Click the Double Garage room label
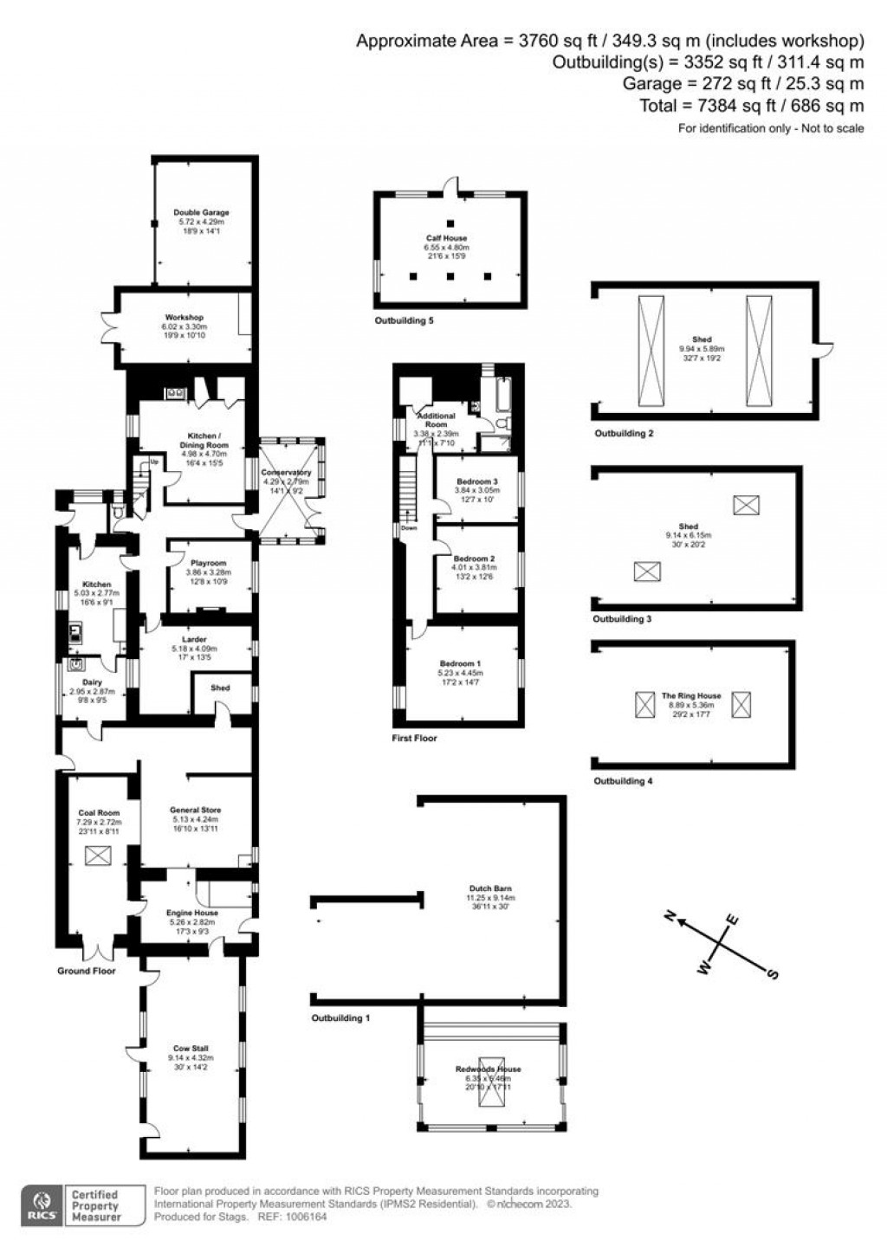tap(201, 212)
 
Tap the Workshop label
tap(184, 318)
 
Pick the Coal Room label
tap(98, 813)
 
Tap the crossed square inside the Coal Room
tap(98, 856)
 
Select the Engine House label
tap(192, 913)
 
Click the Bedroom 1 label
tap(460, 663)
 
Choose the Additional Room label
tap(436, 416)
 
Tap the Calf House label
tap(446, 238)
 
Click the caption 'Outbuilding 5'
tap(404, 321)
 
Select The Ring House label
tap(690, 696)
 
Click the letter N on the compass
tap(670, 917)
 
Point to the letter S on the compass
tap(772, 974)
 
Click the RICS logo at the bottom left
tap(42, 1205)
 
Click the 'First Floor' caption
tap(414, 739)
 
